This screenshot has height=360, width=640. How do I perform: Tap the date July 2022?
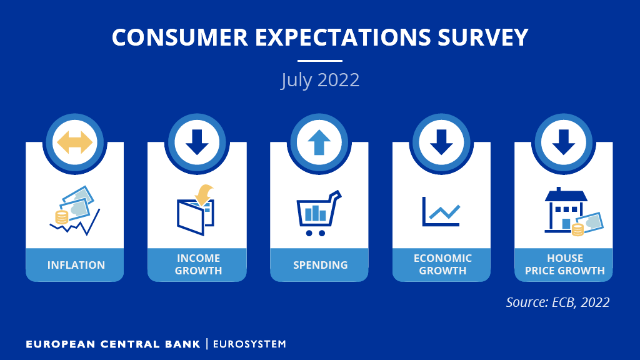tap(320, 80)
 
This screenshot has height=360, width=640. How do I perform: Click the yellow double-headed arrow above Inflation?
tap(74, 142)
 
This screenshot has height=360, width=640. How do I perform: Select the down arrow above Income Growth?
tap(197, 142)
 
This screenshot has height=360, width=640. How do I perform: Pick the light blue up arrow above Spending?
tap(319, 142)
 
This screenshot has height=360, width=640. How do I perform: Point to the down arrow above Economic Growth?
tap(441, 142)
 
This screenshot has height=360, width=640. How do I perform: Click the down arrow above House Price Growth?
tap(563, 142)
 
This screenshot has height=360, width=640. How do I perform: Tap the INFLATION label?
tap(76, 265)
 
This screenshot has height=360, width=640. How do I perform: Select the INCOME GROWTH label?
tap(198, 264)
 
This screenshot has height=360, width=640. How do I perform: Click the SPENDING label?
tap(320, 265)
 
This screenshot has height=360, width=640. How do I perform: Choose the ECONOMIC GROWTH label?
tap(442, 264)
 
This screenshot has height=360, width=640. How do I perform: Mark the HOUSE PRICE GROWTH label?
tap(564, 264)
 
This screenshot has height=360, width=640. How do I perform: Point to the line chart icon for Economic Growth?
tap(441, 211)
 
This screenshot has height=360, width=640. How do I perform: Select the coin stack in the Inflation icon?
tap(61, 217)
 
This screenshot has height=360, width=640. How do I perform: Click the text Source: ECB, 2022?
tap(557, 302)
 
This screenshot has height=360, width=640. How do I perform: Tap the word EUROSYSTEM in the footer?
tap(249, 344)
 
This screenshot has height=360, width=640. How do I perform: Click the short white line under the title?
tap(320, 61)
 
